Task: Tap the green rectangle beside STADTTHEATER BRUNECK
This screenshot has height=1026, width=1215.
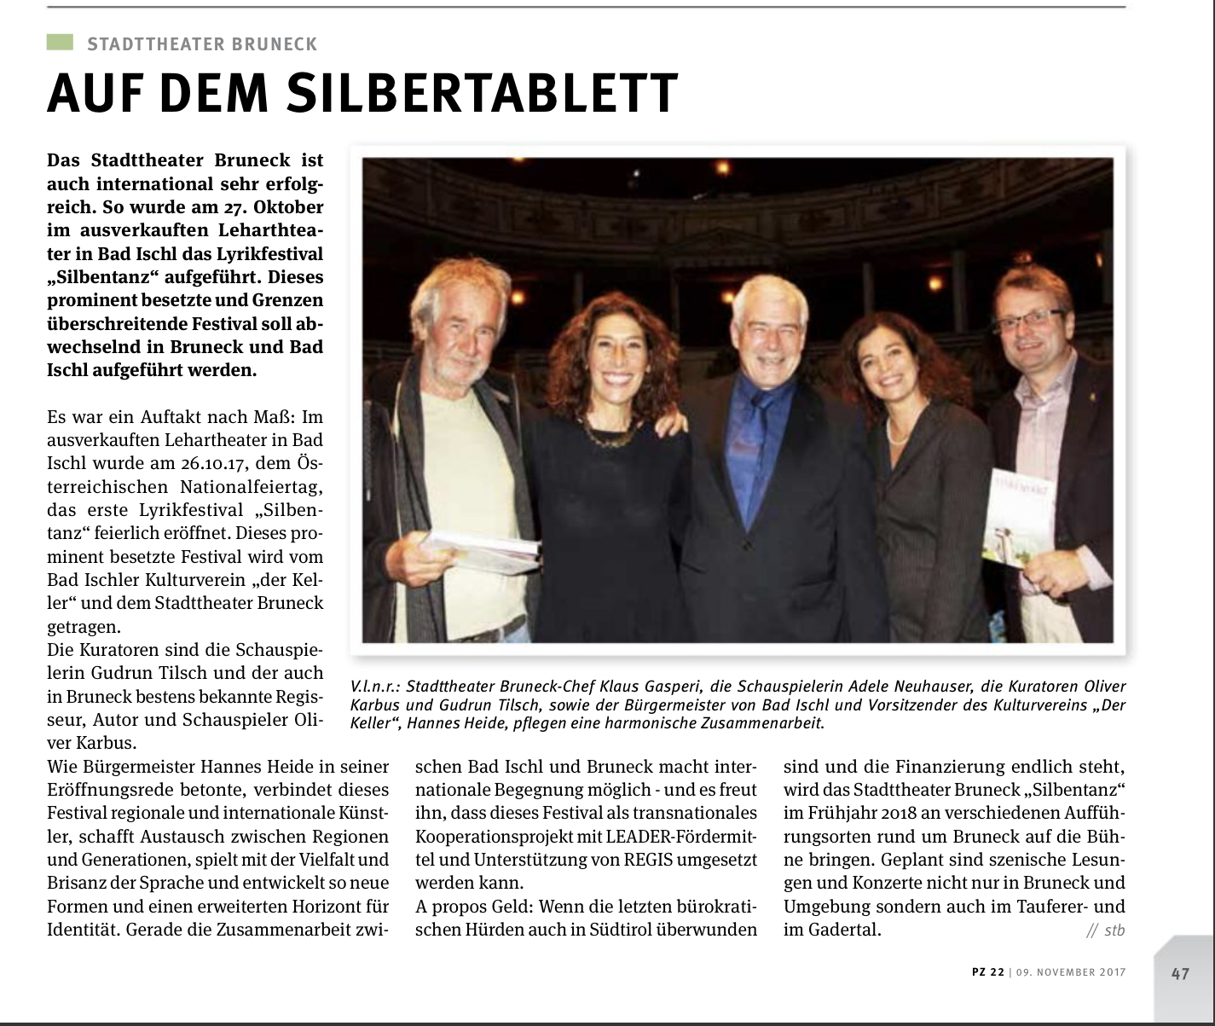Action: (x=60, y=42)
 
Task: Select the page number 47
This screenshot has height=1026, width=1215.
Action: (x=1180, y=973)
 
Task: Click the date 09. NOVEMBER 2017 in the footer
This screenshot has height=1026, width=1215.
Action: (x=1072, y=972)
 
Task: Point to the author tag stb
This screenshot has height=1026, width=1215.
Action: (x=1114, y=930)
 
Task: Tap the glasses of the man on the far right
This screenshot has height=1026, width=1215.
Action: (x=1031, y=317)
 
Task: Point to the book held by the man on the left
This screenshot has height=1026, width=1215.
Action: (x=482, y=551)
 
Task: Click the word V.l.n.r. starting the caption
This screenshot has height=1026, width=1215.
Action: (x=374, y=687)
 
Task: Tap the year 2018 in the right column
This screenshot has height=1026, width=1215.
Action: (x=896, y=813)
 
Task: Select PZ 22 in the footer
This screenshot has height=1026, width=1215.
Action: (x=988, y=972)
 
